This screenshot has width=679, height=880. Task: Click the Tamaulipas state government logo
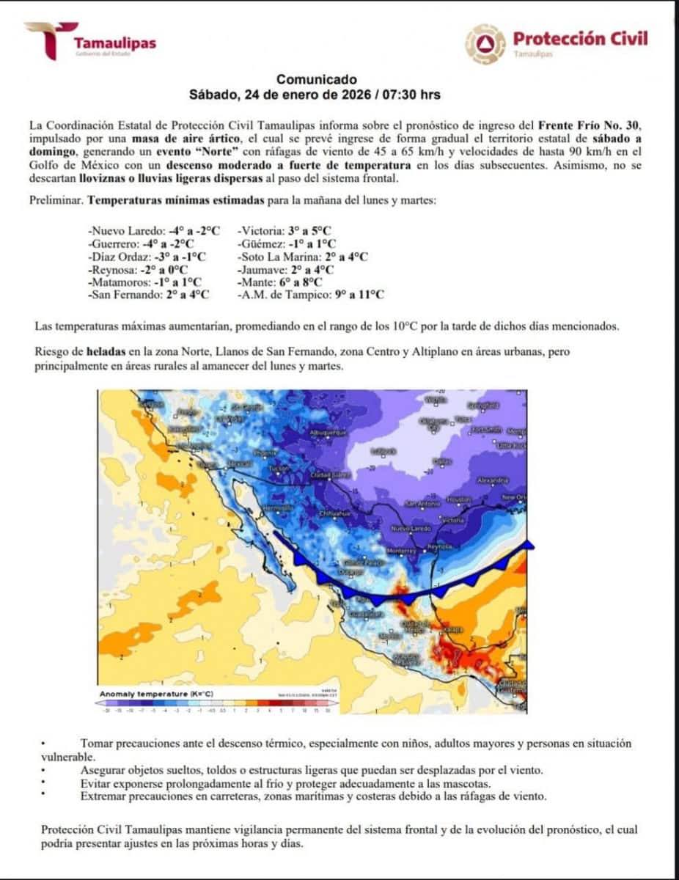pos(91,41)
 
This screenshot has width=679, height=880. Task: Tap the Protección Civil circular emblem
pos(485,43)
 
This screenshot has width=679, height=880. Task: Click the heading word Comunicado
pos(317,79)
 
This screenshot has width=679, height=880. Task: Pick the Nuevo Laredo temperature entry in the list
pos(153,230)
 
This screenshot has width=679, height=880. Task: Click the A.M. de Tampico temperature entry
pos(310,295)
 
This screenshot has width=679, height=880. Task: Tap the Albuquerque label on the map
pos(329,433)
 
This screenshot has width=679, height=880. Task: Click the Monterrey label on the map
pos(401,550)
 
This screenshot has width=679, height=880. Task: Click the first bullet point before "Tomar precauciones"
pos(44,744)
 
